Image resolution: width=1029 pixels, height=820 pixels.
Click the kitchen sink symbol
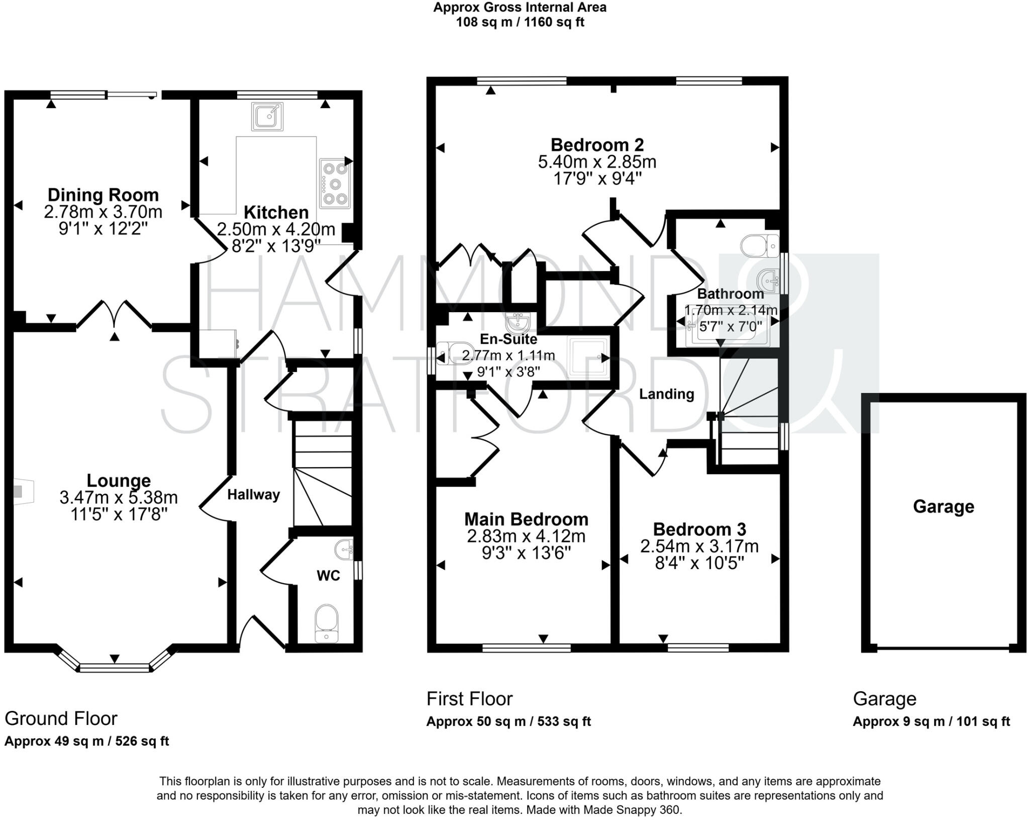point(267,116)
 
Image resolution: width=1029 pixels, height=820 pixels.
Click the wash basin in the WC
point(345,550)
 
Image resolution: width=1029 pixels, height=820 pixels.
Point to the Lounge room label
point(119,480)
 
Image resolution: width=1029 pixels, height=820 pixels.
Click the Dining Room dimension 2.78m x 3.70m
point(103,212)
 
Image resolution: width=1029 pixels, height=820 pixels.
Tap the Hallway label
point(253,495)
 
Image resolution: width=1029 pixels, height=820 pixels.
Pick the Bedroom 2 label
point(597,145)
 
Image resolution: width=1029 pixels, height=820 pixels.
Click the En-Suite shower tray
point(587,357)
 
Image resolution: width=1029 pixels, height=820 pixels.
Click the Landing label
point(666,394)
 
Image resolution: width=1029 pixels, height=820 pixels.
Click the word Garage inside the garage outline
point(943,506)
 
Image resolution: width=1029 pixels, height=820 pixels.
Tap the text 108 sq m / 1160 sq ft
point(520,23)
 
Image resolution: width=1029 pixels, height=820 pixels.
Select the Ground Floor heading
point(61,718)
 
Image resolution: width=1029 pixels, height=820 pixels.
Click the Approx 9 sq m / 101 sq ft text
point(931,721)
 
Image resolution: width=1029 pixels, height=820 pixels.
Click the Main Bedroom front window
point(526,649)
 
